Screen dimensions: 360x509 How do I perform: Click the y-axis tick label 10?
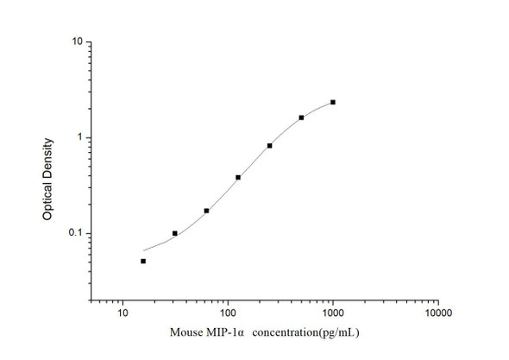(77, 41)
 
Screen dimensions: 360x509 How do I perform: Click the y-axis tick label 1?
(79, 137)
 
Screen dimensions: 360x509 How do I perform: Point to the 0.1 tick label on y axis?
(75, 234)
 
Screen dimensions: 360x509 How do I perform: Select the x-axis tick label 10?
(123, 313)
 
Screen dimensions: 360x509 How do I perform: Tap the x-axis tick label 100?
(228, 313)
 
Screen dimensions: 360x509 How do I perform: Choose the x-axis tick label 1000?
(333, 313)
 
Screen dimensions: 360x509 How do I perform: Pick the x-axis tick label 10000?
(437, 313)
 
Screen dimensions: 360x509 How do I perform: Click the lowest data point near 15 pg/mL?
(143, 261)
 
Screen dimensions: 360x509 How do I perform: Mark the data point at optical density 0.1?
(175, 233)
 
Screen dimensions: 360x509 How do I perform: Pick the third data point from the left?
(206, 211)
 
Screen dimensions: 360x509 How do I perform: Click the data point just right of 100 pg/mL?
(238, 177)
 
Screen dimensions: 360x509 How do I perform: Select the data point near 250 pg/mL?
(270, 146)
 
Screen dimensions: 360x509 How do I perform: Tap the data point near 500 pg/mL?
(301, 117)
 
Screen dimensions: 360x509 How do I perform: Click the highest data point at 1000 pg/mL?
(333, 102)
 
